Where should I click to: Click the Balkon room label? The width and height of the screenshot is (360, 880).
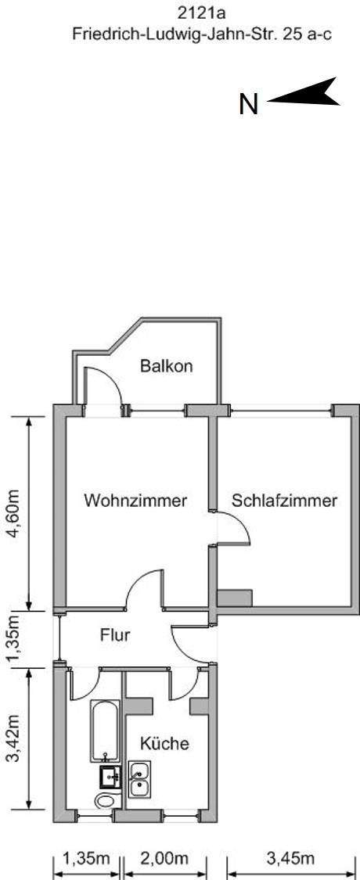pos(166,367)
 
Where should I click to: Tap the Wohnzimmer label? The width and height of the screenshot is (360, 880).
pos(135,500)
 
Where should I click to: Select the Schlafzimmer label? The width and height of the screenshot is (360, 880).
pos(285,500)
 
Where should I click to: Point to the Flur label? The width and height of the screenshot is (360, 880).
pos(115,635)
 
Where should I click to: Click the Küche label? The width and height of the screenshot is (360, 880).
pos(164,744)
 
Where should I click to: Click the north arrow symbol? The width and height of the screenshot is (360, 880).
pos(304,92)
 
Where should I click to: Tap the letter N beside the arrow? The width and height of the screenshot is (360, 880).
pos(249,104)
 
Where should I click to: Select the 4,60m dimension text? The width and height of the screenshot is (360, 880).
pos(13,514)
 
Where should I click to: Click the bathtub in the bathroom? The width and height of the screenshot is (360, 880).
pos(105,730)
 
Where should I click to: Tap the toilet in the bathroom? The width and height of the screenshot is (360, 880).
pos(107,800)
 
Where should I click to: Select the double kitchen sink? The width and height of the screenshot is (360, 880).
pos(139,780)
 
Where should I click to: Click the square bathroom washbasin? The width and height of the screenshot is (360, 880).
pos(110,777)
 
